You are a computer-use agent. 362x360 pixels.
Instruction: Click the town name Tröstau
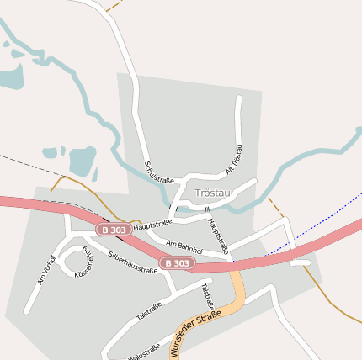point(212,193)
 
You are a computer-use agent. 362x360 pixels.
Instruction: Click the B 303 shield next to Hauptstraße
point(114,229)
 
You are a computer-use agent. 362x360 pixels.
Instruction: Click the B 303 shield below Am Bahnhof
point(177,263)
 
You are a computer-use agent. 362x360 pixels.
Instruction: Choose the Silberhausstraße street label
point(133,262)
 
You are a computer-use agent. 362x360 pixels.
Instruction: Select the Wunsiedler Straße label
point(195,334)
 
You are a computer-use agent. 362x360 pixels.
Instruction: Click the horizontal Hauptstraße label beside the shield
point(152,224)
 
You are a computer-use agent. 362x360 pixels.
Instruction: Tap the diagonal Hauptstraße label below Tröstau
point(218,236)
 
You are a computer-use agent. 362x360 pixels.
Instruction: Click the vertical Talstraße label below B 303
point(208,296)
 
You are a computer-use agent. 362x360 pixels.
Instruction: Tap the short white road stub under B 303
point(300,263)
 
